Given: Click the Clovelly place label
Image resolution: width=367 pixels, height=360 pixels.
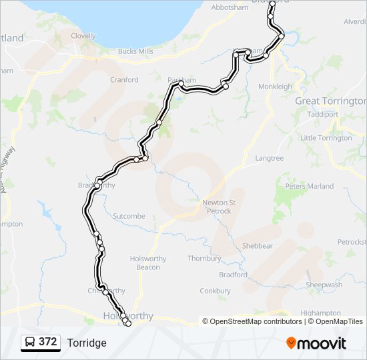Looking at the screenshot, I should pos(83,36).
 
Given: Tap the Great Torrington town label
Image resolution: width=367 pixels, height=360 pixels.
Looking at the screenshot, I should pos(330,101).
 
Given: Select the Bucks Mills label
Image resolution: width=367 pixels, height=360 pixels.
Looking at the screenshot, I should pos(135,51).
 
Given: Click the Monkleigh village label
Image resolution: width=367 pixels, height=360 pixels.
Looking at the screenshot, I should pos(276,87).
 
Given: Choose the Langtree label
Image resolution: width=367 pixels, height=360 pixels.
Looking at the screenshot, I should pos(269,158).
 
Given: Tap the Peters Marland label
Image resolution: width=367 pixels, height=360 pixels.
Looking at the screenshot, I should pos(310,186).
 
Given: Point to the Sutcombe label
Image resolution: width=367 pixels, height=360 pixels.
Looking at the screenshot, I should pos(129,217).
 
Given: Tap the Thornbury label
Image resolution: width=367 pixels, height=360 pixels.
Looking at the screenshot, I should pos(204,259).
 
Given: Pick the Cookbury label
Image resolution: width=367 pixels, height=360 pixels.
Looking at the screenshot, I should pos(215,291).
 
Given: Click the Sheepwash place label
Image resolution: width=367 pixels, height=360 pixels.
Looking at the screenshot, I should pos(324,285).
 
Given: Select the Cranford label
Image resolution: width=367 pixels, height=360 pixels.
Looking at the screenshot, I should pos(124,80).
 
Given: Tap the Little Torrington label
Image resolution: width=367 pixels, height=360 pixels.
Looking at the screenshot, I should pos(326,138).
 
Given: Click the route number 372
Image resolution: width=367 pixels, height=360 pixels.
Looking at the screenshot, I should pos(47,342).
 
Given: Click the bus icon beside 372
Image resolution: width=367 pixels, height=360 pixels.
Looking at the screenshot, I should pos(30,342).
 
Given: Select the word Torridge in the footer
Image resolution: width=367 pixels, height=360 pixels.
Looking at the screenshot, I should pos(87,343).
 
